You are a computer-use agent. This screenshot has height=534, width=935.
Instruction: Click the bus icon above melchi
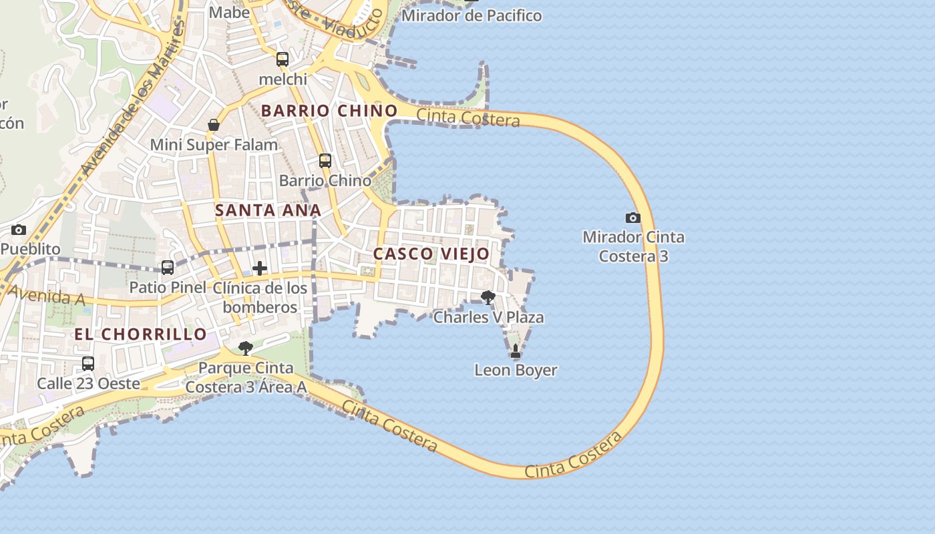(283, 59)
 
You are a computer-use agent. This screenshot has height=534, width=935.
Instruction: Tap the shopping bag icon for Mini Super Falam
(214, 125)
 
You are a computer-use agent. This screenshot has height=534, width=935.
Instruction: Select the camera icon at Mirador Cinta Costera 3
(632, 218)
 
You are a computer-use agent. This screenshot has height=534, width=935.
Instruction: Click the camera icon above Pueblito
(19, 230)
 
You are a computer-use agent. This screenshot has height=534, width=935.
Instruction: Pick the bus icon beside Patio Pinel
(168, 268)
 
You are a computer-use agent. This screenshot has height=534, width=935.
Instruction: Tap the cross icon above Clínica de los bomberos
(260, 268)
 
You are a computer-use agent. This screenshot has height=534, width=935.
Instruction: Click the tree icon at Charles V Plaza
(488, 297)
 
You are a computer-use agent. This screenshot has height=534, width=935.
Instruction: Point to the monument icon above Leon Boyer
(515, 350)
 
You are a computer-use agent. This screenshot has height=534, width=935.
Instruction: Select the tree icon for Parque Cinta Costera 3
(246, 348)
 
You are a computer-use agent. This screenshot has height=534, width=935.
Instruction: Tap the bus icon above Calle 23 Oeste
(88, 364)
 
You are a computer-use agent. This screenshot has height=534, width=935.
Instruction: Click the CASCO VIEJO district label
(431, 254)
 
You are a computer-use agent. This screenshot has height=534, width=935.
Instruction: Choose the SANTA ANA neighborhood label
(268, 210)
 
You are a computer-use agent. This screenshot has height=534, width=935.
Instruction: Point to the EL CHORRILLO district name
(140, 334)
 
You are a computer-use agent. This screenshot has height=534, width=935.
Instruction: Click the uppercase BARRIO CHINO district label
(329, 111)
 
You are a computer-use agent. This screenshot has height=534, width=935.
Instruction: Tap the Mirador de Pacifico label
(472, 15)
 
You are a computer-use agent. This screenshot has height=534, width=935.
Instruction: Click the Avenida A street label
(47, 296)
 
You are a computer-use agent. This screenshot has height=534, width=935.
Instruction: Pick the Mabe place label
(229, 12)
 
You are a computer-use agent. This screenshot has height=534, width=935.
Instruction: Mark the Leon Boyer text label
(516, 370)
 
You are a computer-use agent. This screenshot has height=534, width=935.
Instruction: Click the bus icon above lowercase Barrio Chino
(325, 161)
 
